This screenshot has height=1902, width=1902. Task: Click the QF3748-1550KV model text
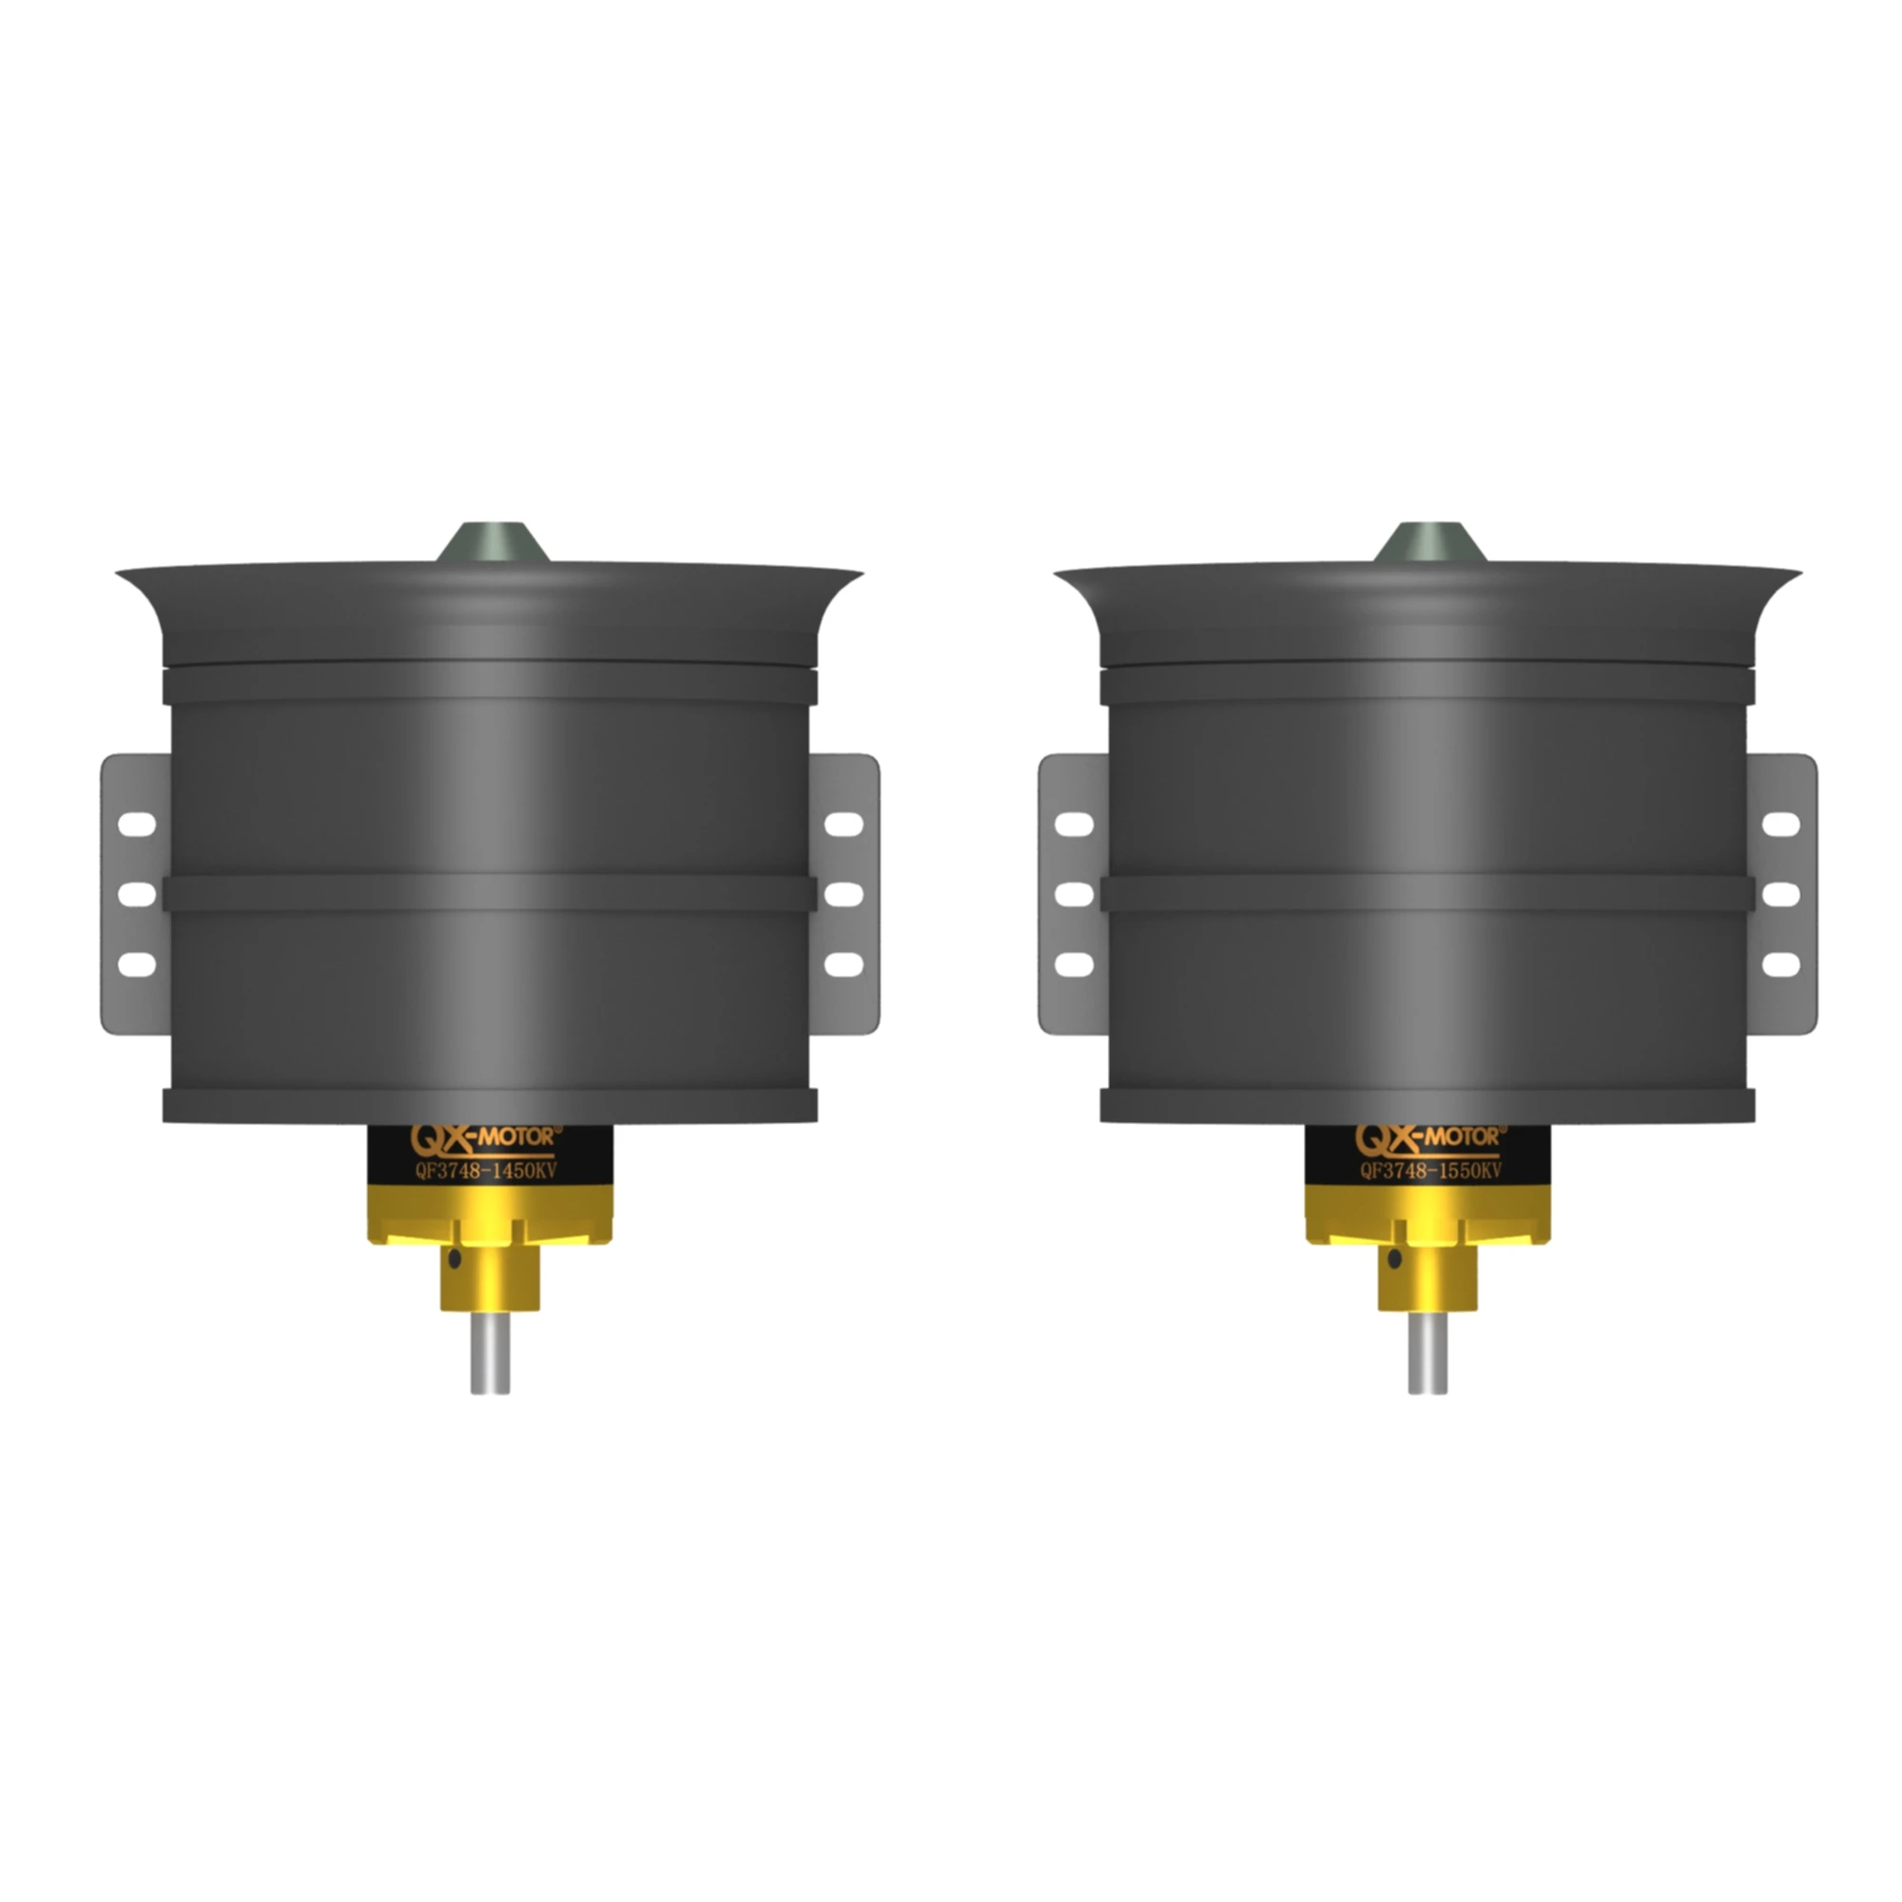click(1430, 1172)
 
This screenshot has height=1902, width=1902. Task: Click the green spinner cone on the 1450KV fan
click(492, 543)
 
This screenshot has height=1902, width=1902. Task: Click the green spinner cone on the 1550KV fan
click(1428, 543)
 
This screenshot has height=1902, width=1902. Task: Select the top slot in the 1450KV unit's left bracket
click(137, 824)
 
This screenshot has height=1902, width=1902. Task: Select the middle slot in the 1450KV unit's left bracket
click(137, 895)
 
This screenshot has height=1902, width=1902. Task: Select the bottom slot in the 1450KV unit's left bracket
click(137, 964)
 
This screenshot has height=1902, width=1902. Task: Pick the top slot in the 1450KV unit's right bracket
click(843, 824)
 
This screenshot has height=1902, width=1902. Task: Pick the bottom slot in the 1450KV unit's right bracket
click(843, 964)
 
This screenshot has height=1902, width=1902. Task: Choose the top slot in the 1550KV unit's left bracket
click(1074, 824)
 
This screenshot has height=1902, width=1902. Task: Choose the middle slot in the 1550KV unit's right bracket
click(1780, 895)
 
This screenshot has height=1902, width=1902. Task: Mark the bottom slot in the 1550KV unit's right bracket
click(1780, 964)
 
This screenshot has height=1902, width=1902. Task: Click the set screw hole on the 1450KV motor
click(454, 1259)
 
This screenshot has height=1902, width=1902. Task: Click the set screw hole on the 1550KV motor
click(1394, 1259)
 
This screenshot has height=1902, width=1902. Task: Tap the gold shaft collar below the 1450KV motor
click(491, 1280)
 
